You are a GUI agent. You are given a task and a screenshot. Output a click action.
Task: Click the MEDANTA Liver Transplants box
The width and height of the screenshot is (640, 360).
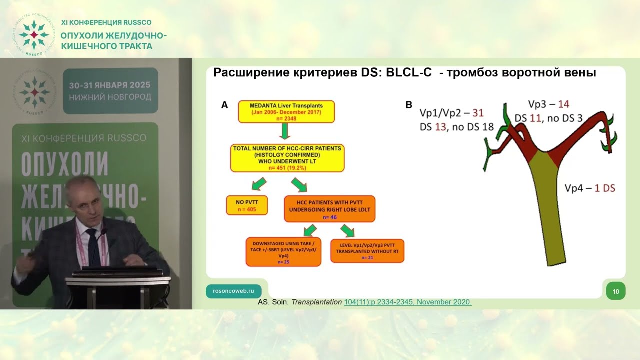point(286,112)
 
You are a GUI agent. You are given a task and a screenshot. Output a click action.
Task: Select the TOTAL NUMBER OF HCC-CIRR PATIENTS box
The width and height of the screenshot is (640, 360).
point(287,158)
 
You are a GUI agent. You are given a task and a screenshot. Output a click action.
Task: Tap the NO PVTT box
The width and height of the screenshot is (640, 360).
point(247,205)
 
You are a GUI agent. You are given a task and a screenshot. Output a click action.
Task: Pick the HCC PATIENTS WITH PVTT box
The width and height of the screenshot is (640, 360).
point(329,208)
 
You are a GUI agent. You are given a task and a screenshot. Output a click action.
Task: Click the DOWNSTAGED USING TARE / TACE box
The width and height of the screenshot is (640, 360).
point(283,252)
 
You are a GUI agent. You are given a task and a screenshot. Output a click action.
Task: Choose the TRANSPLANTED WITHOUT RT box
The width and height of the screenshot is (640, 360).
point(367,251)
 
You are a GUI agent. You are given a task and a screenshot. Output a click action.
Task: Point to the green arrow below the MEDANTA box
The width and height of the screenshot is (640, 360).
point(285,131)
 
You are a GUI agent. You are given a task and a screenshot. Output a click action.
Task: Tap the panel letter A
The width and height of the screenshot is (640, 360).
point(224,105)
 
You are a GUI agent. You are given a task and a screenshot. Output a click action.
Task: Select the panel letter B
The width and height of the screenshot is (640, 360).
point(408,105)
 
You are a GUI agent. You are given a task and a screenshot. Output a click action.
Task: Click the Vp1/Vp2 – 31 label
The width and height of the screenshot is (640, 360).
point(451,113)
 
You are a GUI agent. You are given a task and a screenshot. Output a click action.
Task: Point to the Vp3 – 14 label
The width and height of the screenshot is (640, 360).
point(548,104)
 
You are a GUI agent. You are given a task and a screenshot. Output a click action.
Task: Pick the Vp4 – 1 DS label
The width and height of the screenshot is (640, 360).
point(589,188)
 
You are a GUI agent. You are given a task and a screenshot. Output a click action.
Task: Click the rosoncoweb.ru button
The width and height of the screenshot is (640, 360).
point(233,290)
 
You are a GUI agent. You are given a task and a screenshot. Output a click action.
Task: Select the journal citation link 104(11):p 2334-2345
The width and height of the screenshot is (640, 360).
point(408,302)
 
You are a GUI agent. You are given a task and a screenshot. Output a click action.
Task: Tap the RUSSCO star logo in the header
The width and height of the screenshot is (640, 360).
point(33,35)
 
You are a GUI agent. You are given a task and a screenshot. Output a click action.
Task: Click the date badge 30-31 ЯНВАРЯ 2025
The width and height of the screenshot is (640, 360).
point(110,90)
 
